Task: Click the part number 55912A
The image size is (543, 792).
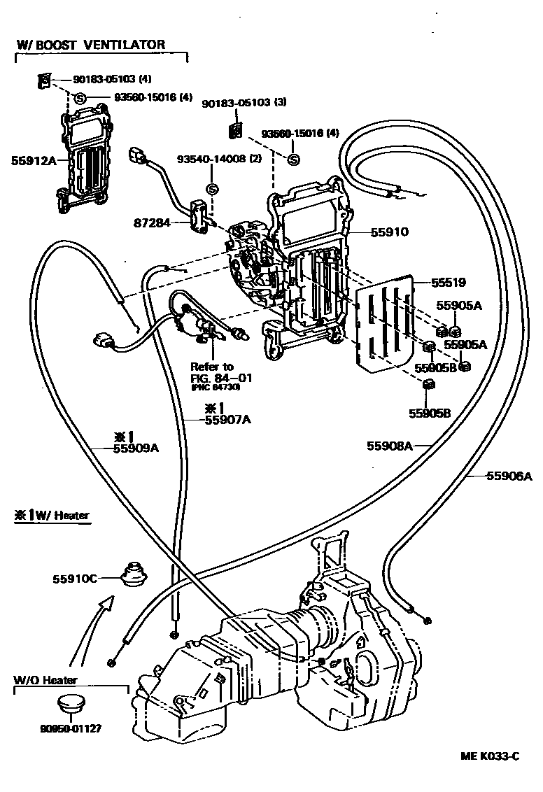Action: [x=34, y=160]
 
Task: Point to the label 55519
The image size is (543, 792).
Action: [x=448, y=282]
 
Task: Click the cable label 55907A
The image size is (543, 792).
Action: [x=227, y=420]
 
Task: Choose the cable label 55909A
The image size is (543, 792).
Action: [x=136, y=448]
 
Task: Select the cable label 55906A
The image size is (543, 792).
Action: [x=509, y=476]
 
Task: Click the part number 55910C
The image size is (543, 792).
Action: [x=74, y=579]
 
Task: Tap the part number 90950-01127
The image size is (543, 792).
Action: [x=71, y=728]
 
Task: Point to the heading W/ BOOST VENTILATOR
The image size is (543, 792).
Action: [x=90, y=45]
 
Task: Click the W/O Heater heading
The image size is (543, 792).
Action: [x=45, y=679]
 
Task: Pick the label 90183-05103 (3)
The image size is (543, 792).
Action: [x=244, y=102]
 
